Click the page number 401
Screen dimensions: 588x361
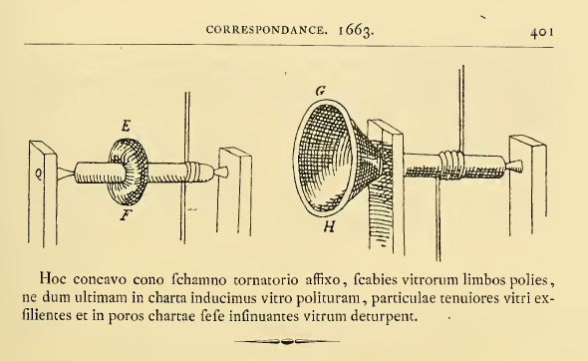coord(542,32)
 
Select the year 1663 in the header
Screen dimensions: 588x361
coord(356,31)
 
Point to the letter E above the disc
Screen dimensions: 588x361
coord(126,126)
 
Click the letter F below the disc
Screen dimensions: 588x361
coord(126,215)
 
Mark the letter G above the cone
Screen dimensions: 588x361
coord(321,91)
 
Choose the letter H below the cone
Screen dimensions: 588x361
coord(329,226)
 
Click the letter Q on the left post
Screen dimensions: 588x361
coord(38,174)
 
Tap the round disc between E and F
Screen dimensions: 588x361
coord(128,172)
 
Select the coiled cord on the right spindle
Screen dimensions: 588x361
coord(451,164)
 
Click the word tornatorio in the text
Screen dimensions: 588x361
coord(266,280)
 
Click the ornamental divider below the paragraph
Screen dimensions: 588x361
coord(287,341)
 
